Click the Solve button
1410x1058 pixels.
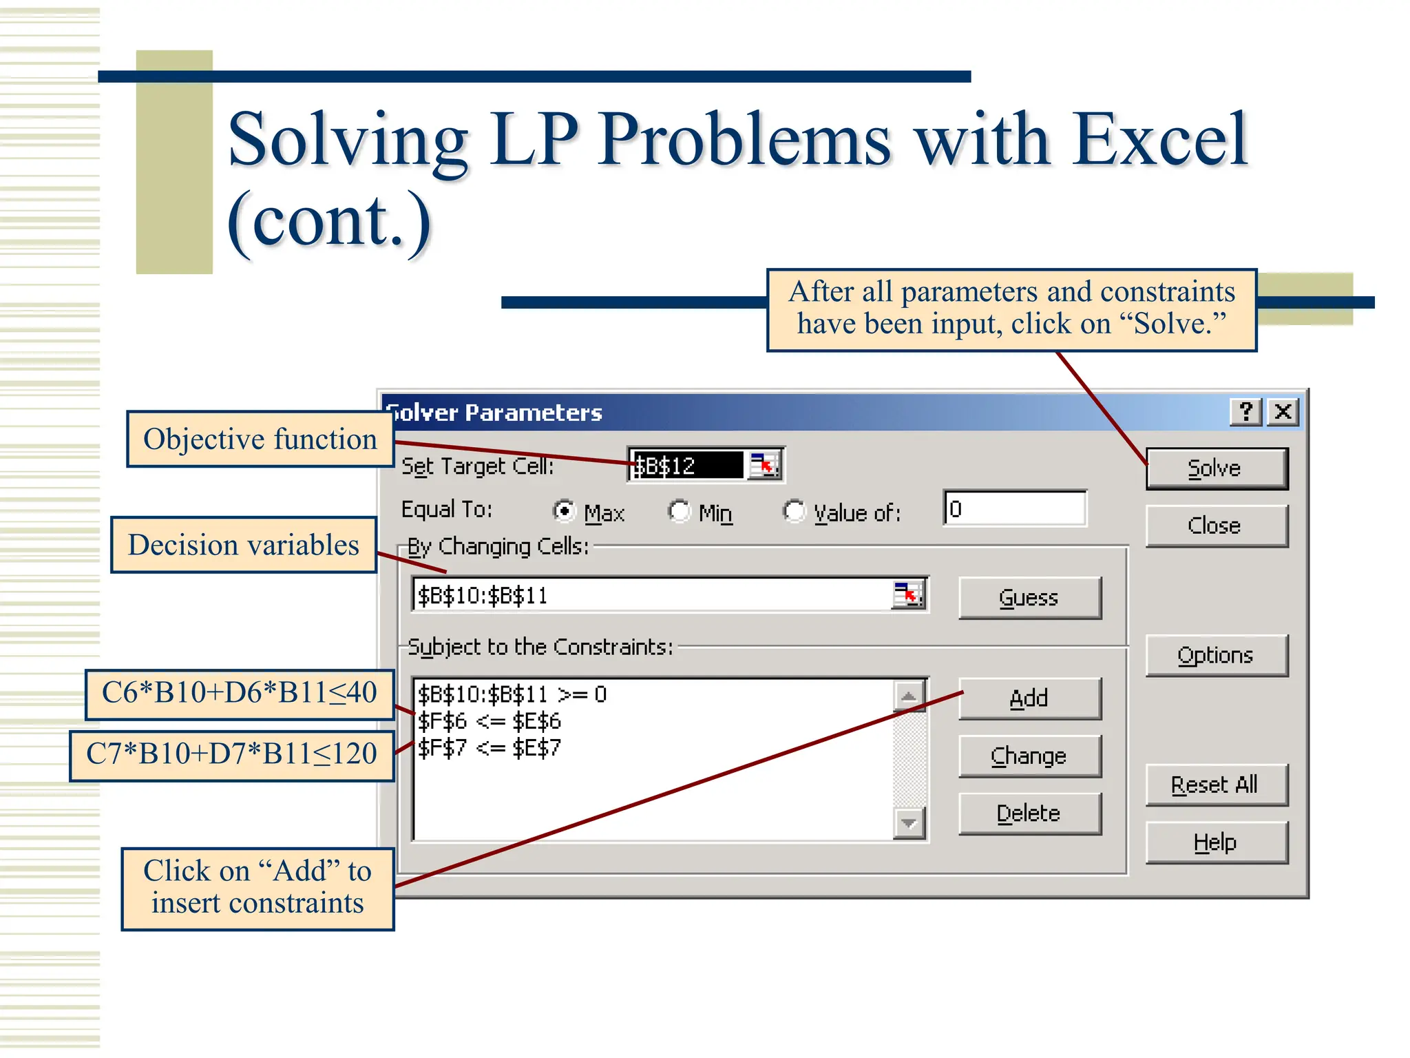pyautogui.click(x=1216, y=468)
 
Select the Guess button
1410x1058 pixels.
pyautogui.click(x=1029, y=597)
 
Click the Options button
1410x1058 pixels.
pyautogui.click(x=1216, y=655)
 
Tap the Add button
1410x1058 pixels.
pyautogui.click(x=1029, y=698)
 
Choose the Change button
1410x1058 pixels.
pyautogui.click(x=1029, y=756)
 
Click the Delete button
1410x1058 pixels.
pyautogui.click(x=1029, y=813)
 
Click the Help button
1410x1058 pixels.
pyautogui.click(x=1216, y=842)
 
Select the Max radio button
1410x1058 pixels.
pyautogui.click(x=565, y=511)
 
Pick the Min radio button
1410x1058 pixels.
pyautogui.click(x=680, y=511)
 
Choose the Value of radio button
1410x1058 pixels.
pyautogui.click(x=794, y=511)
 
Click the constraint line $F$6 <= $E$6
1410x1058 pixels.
pyautogui.click(x=490, y=721)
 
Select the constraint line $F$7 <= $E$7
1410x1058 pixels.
pyautogui.click(x=490, y=748)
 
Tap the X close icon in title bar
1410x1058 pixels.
pyautogui.click(x=1283, y=412)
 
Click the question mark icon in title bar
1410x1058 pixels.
pyautogui.click(x=1246, y=412)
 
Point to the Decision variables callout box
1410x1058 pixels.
pyautogui.click(x=244, y=545)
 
